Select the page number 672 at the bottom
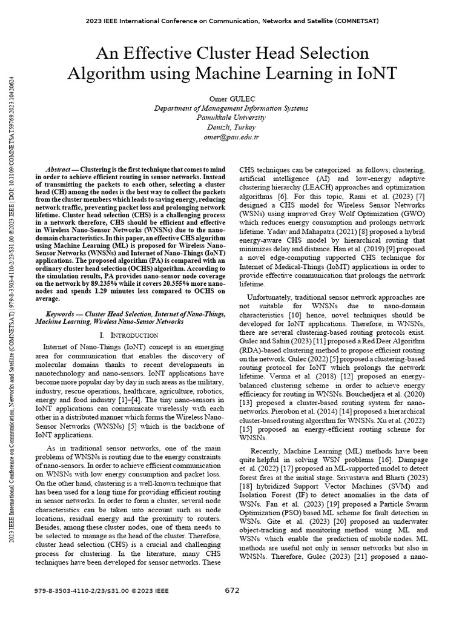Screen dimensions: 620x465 [232, 590]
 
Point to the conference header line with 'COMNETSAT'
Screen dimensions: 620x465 [232, 21]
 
